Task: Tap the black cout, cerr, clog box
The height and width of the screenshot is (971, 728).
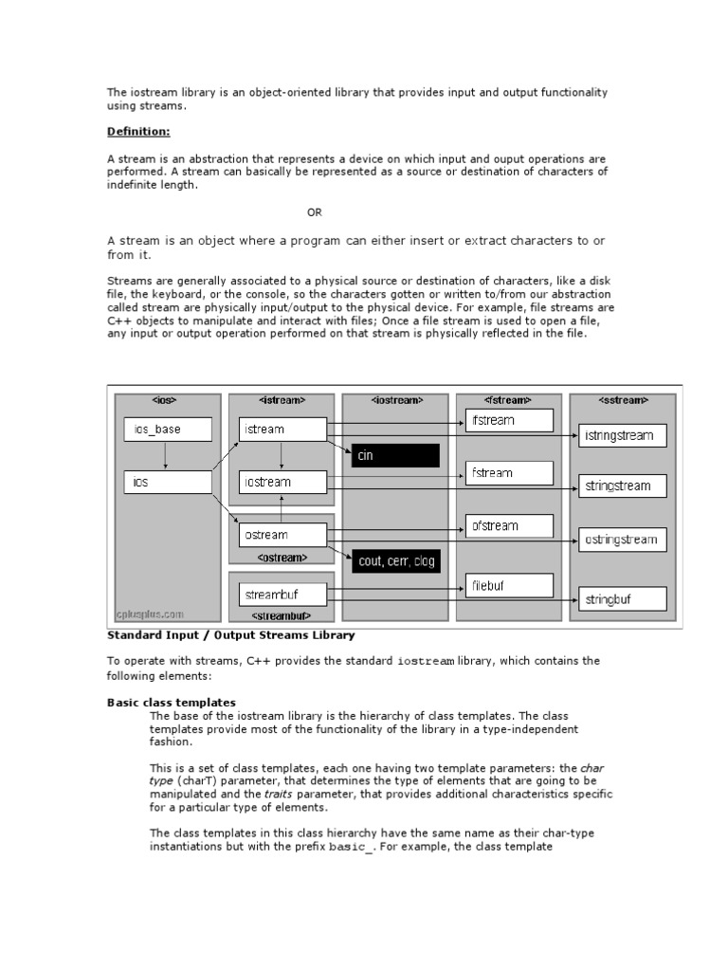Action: tap(395, 561)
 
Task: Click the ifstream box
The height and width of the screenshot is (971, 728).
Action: tap(508, 419)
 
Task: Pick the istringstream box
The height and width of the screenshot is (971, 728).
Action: tap(623, 436)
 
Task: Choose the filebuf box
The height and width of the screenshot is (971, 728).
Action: tap(508, 586)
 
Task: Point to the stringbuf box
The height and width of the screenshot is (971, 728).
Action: tap(623, 599)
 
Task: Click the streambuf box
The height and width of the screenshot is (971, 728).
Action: tap(282, 595)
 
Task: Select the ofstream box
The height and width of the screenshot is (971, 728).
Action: tap(508, 525)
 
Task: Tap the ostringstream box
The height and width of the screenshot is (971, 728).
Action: tap(623, 540)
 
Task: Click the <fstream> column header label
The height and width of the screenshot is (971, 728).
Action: tap(508, 400)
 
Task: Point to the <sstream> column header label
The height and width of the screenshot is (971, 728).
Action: tap(623, 400)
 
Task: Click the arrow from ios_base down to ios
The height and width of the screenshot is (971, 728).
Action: tap(167, 456)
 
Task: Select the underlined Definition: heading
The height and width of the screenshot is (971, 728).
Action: tap(138, 132)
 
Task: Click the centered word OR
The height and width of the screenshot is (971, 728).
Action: tap(315, 212)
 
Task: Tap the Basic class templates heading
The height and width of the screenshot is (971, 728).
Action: tap(171, 702)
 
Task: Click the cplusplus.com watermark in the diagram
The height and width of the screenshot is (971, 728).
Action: tap(150, 614)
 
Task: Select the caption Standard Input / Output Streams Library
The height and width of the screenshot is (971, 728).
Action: tap(230, 634)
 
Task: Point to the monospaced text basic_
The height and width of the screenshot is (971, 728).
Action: tap(352, 847)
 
